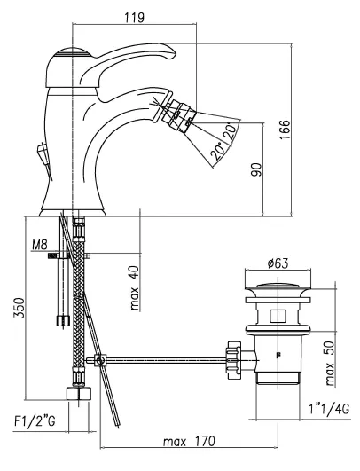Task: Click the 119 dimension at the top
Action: click(x=134, y=17)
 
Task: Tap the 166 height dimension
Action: click(x=285, y=130)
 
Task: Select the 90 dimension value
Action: click(x=256, y=169)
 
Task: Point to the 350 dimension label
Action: click(x=19, y=308)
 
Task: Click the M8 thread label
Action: click(x=40, y=245)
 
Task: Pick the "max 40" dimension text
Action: click(x=134, y=287)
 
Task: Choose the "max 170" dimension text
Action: click(x=189, y=441)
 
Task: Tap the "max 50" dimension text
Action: click(x=329, y=364)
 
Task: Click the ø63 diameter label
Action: click(x=278, y=263)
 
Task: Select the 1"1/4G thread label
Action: click(x=329, y=409)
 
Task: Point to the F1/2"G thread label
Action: click(x=35, y=421)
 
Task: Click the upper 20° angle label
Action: click(x=231, y=130)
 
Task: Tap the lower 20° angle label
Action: click(x=218, y=151)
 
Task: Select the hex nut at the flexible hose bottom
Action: click(x=78, y=393)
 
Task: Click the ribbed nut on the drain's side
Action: click(x=233, y=359)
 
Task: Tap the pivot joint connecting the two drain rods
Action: click(x=100, y=360)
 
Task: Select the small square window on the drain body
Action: click(x=278, y=316)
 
